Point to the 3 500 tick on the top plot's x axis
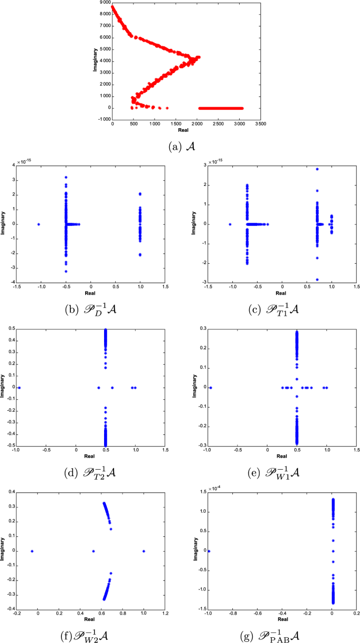click(x=260, y=124)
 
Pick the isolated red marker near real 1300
click(x=167, y=108)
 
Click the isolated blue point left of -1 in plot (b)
click(x=39, y=224)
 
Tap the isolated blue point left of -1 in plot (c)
click(x=230, y=224)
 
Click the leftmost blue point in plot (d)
click(x=19, y=388)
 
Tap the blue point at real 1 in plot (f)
click(x=143, y=551)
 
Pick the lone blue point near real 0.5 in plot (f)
click(x=94, y=551)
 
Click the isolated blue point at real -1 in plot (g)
click(x=209, y=551)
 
